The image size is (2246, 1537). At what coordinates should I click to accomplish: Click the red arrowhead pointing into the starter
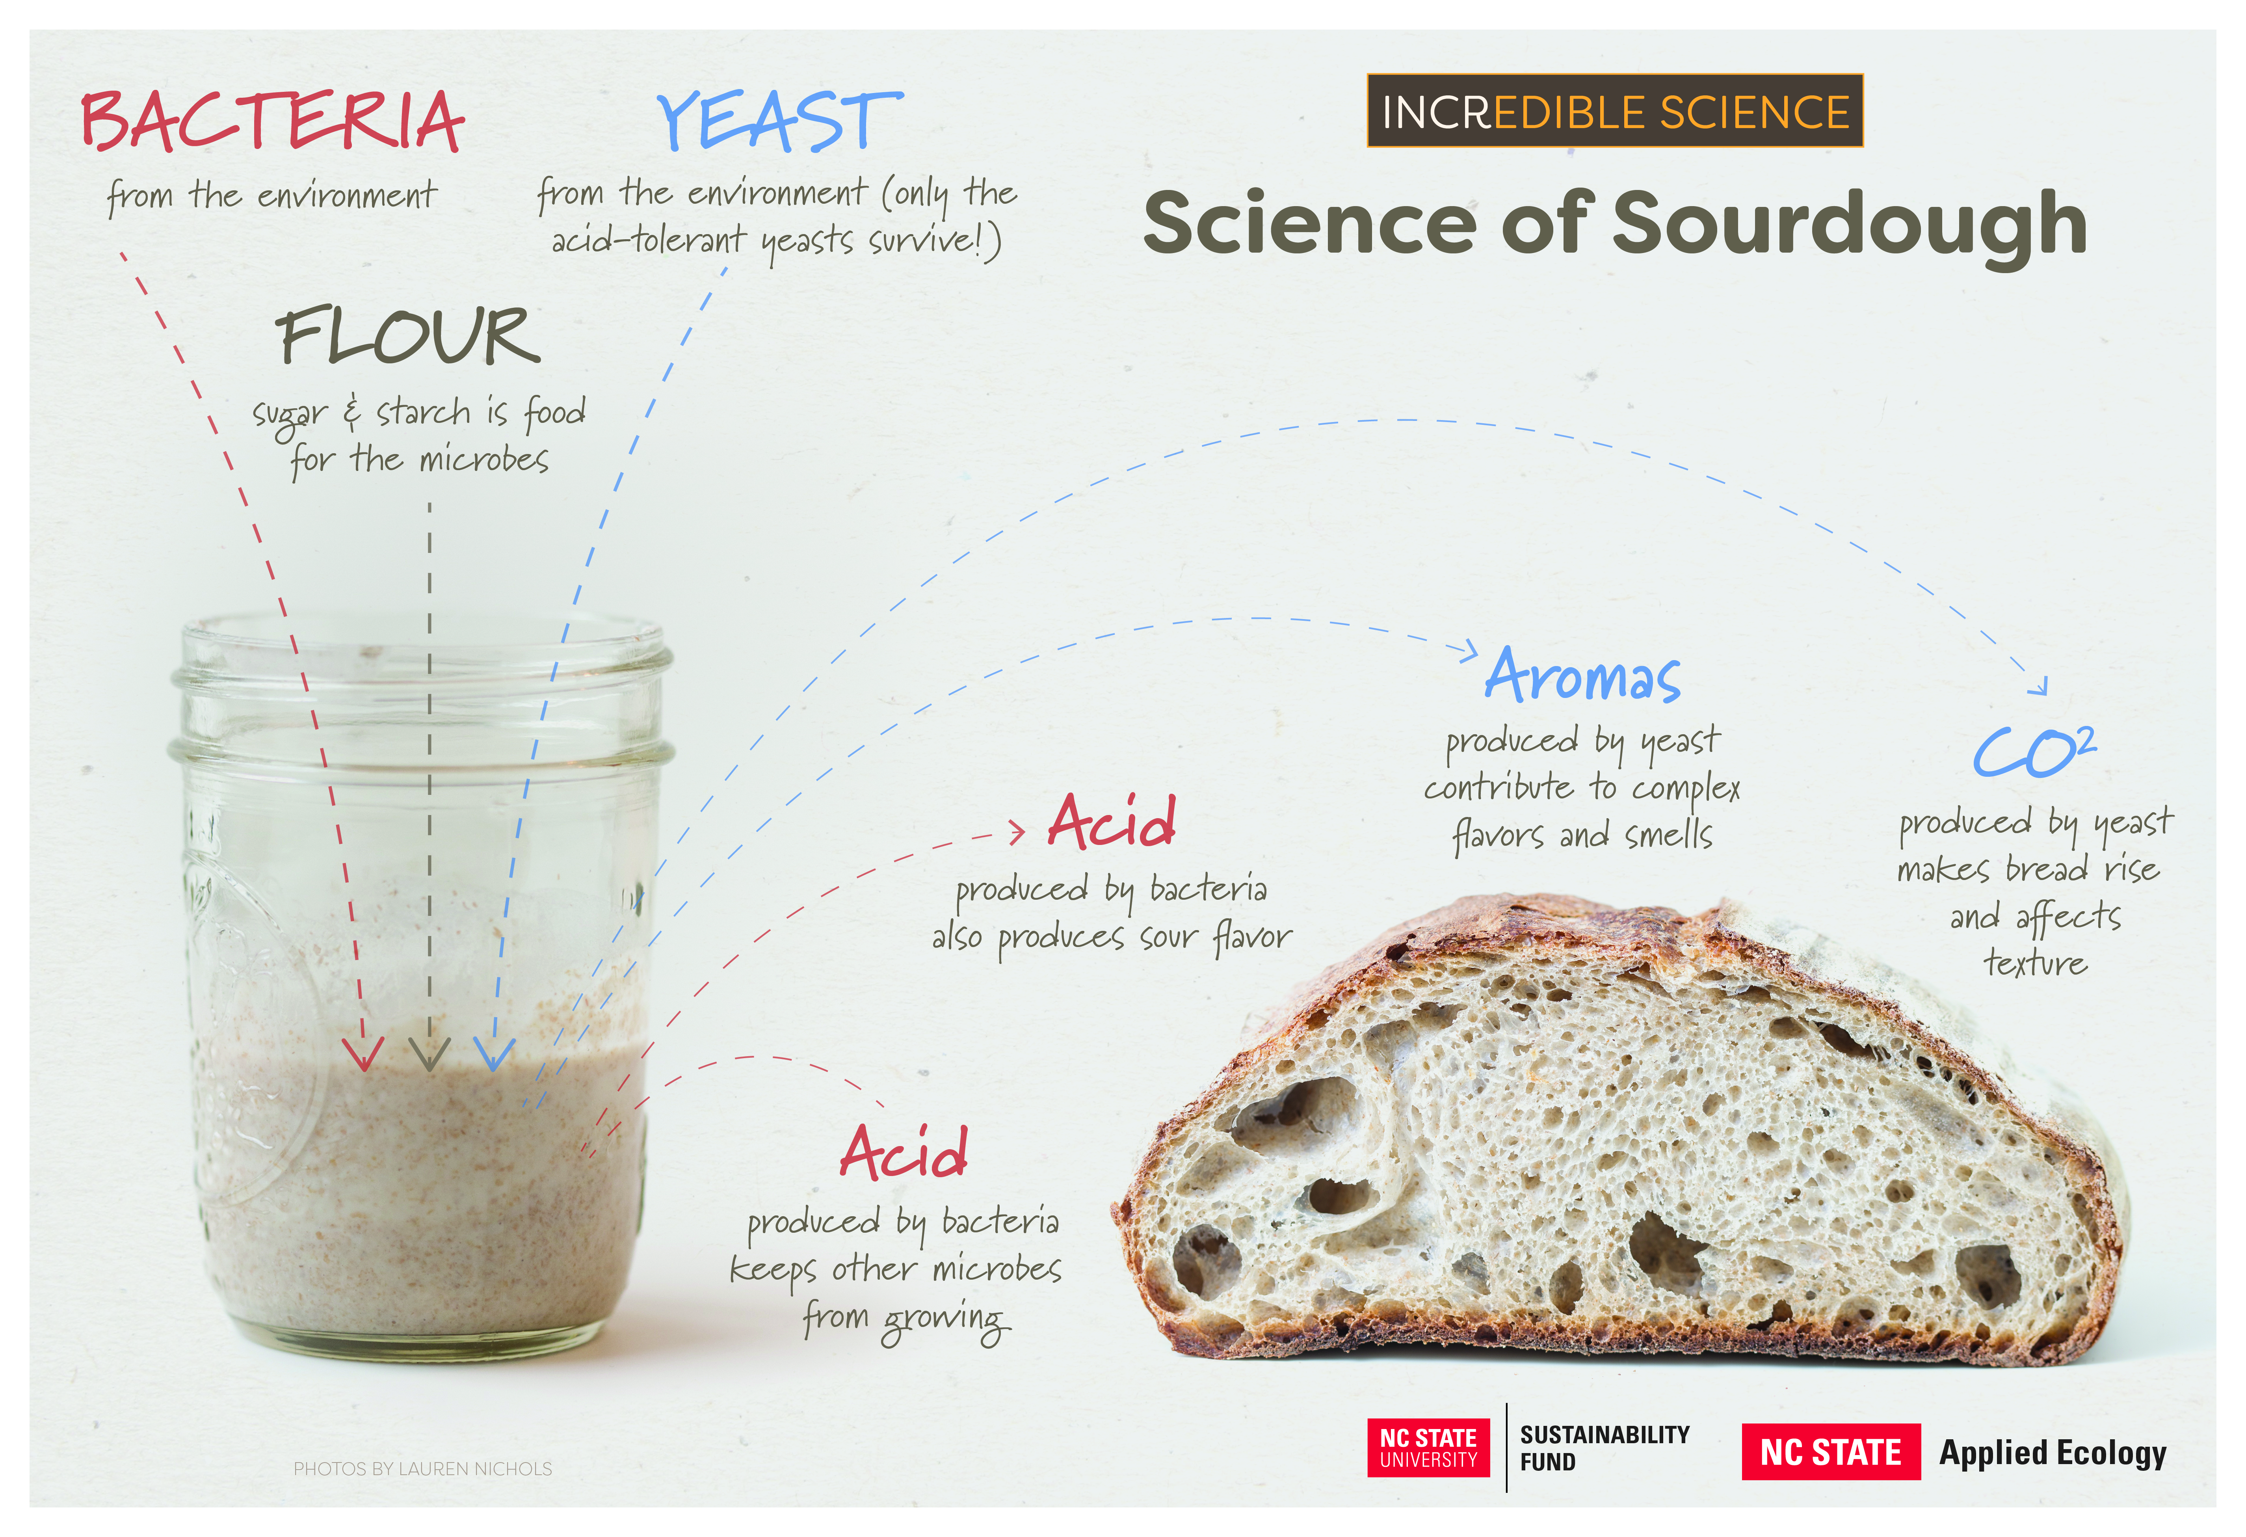point(363,1054)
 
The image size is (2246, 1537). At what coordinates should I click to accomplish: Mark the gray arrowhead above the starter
point(429,1054)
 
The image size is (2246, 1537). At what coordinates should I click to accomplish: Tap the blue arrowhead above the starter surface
point(494,1054)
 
